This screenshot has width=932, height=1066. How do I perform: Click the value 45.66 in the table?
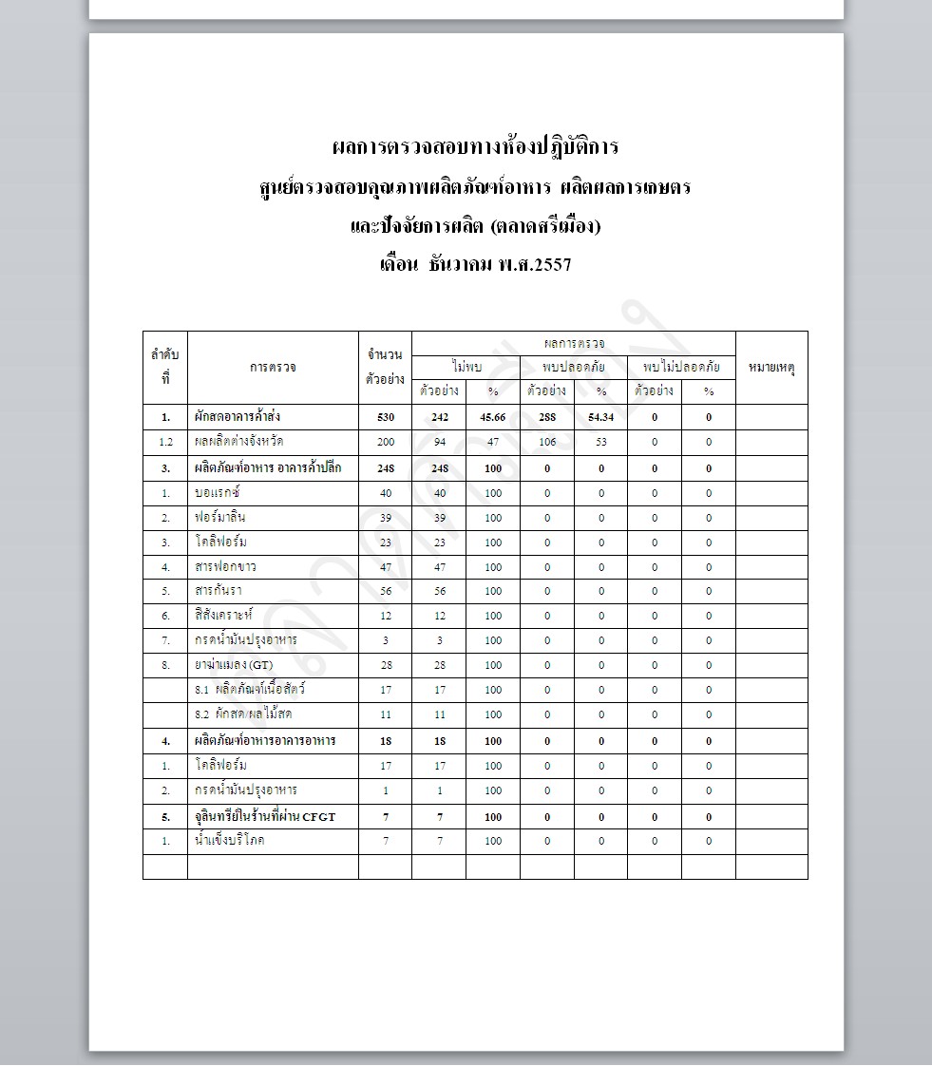click(x=492, y=417)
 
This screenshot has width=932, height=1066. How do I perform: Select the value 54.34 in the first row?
click(x=600, y=417)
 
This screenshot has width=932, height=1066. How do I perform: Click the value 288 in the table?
click(x=546, y=417)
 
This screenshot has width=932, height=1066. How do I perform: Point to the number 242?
click(x=439, y=417)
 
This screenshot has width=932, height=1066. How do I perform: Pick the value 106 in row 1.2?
click(x=546, y=442)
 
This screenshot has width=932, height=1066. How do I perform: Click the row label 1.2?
click(x=165, y=442)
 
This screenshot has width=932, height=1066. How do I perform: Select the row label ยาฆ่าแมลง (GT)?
click(x=233, y=665)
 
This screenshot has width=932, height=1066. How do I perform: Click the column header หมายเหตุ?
click(x=771, y=367)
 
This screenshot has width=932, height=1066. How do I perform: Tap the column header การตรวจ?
click(x=273, y=367)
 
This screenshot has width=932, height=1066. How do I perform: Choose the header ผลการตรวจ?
click(x=574, y=342)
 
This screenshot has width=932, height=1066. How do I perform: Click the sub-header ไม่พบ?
click(x=466, y=366)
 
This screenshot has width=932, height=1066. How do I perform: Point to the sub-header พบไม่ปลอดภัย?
click(x=681, y=366)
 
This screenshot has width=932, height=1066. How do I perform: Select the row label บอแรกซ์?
click(x=218, y=493)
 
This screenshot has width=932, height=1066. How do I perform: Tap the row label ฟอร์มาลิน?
click(x=220, y=518)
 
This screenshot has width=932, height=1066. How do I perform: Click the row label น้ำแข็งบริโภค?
click(x=229, y=840)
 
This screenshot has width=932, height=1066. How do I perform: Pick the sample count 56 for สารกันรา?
click(x=385, y=591)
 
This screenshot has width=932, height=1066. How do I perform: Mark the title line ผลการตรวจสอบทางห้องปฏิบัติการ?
click(x=475, y=147)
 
